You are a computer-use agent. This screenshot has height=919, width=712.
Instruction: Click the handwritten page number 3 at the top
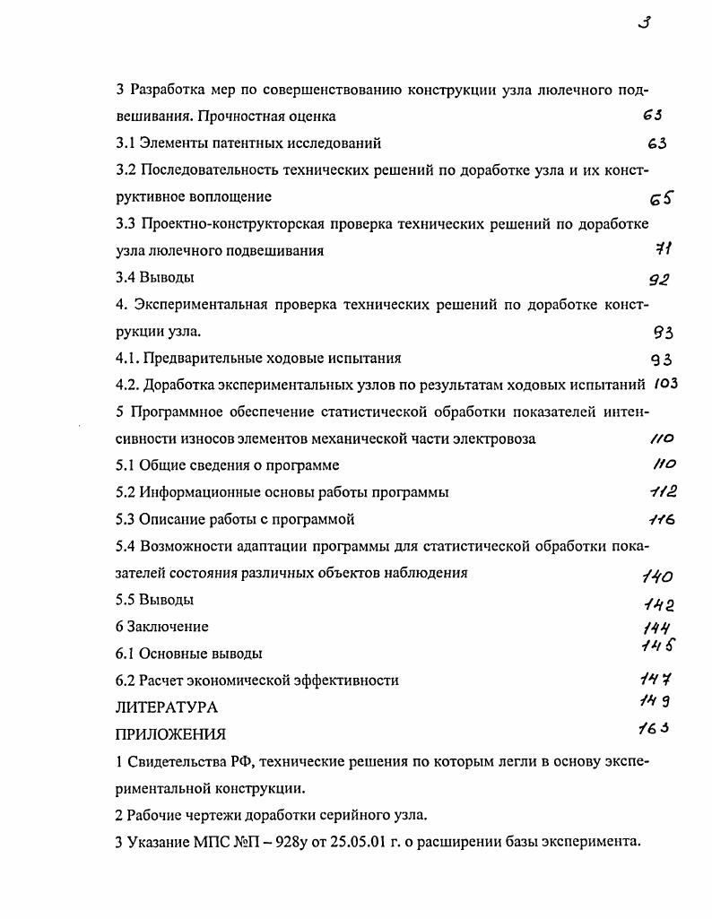pos(643,23)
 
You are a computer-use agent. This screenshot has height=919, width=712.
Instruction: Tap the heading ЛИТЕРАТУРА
pos(167,707)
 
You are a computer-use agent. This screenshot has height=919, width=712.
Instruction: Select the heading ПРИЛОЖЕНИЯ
pos(170,734)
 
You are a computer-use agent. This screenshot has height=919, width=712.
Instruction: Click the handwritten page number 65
pos(661,199)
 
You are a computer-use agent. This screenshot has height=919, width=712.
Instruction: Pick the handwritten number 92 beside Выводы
pos(659,279)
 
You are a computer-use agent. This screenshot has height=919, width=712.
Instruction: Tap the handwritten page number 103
pos(664,385)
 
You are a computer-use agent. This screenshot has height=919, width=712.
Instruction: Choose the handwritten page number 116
pos(661,520)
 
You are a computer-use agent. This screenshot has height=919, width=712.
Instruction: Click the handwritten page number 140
pos(657,577)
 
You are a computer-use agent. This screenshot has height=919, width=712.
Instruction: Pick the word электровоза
pos(498,438)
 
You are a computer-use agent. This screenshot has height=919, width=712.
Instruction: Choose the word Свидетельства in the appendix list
pos(176,762)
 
